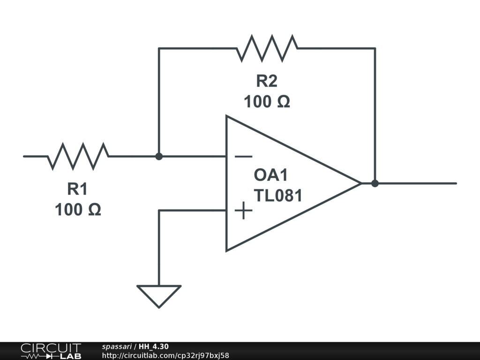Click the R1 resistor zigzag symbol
pos(78,156)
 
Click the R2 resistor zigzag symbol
pos(267,48)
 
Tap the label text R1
pos(77,189)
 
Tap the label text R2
pos(266,81)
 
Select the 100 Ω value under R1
pos(78,210)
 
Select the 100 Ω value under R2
pos(267,101)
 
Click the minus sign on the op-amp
pos(243,157)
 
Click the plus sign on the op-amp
pos(243,211)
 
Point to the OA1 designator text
pos(270,175)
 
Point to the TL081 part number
pos(278,195)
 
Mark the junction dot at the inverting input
pos(159,156)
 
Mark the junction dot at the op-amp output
pos(375,183)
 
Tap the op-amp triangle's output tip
pos(360,183)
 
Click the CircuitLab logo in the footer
pos(51,351)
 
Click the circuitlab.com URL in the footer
pos(165,356)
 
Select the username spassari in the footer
pos(117,346)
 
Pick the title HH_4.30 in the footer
pos(154,346)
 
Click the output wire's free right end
pos(455,183)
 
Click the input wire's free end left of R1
pos(24,156)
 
